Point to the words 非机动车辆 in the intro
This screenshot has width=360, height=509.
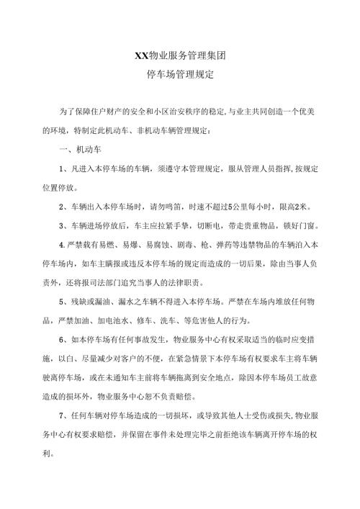[x=190, y=130]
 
